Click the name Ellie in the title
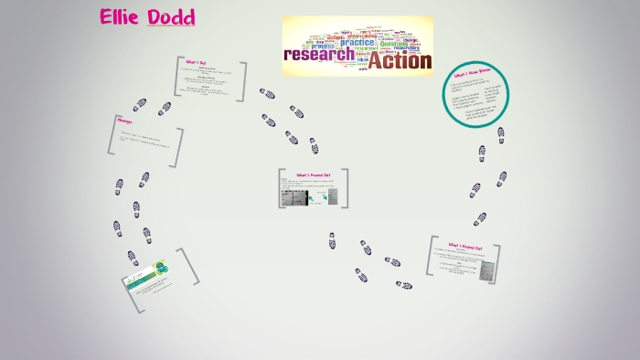click(x=123, y=17)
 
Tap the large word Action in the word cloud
click(x=399, y=61)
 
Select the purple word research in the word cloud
click(x=319, y=55)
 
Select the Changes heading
click(x=125, y=121)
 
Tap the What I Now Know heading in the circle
click(x=472, y=72)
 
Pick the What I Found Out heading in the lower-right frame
click(x=472, y=246)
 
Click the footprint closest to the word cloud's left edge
click(x=267, y=93)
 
